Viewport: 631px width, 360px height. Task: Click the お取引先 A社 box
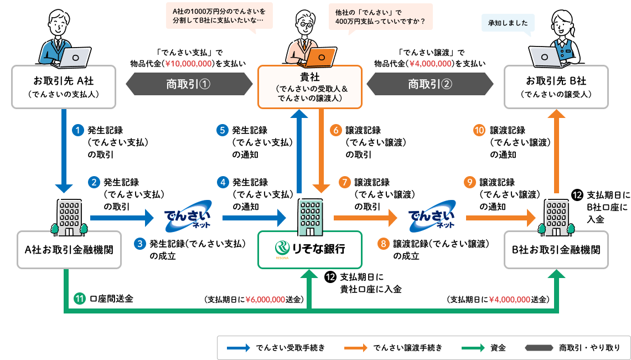[x=64, y=86]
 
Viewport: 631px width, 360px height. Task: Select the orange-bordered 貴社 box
[x=310, y=86]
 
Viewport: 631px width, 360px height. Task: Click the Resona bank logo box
[x=310, y=249]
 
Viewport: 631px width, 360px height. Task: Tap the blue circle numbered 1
[x=79, y=131]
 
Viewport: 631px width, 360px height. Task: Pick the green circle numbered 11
[x=79, y=299]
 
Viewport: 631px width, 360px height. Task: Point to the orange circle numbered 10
[x=480, y=131]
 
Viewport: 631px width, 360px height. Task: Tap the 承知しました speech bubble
[x=508, y=23]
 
